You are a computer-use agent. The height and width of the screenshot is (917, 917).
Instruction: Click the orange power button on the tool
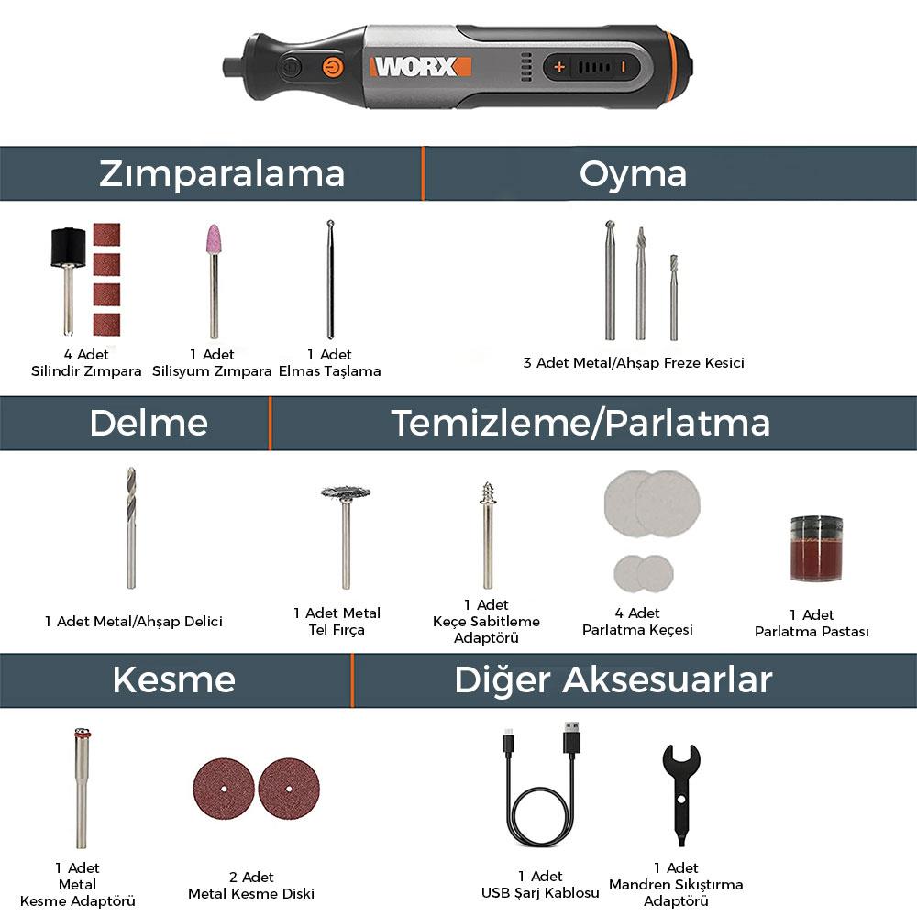tap(331, 67)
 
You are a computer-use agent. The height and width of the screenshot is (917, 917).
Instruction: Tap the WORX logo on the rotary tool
tap(420, 67)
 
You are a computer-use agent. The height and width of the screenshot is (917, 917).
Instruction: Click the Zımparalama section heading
tap(222, 173)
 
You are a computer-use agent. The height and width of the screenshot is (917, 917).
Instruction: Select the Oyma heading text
tap(633, 173)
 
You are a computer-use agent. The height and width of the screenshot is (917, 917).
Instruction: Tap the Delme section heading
tap(149, 423)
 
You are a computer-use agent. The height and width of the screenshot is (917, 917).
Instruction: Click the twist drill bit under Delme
tap(131, 526)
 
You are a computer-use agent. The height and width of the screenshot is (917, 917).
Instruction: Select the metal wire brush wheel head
tap(346, 493)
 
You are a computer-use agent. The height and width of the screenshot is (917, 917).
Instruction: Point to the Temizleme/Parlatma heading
tap(580, 423)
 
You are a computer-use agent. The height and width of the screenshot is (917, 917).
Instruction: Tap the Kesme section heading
tap(174, 679)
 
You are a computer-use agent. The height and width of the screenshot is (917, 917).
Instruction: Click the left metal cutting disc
tap(223, 789)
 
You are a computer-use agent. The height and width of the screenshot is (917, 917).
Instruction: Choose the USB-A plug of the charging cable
tap(571, 737)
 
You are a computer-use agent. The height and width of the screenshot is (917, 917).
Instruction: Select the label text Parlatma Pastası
tap(811, 631)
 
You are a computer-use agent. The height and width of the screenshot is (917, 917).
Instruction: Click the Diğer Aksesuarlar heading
tap(613, 679)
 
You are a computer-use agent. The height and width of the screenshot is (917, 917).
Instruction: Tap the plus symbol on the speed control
tap(559, 67)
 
